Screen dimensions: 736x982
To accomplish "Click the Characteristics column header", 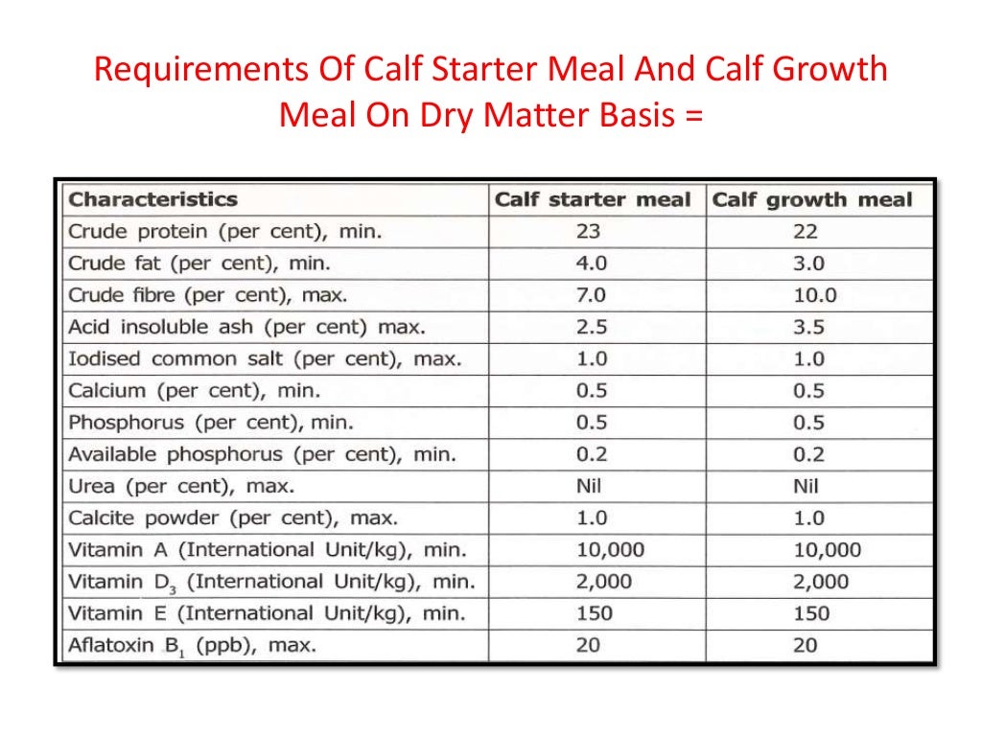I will click(152, 200).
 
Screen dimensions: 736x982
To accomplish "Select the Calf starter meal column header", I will click(592, 200).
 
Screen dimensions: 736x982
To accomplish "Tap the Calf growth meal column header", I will click(812, 200).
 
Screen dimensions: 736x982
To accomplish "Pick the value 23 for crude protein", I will click(591, 232).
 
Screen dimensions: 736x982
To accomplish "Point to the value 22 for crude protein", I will click(806, 232).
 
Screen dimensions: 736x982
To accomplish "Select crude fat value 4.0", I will click(591, 264).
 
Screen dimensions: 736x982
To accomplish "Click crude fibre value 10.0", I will click(814, 295).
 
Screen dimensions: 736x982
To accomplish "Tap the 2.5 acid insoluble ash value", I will click(591, 327).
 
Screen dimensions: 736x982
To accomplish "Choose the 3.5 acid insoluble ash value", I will click(807, 327).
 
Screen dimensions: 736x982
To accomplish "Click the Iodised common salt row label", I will click(265, 359).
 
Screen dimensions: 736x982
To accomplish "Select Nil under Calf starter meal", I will click(590, 486).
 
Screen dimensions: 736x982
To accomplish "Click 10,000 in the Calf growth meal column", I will click(827, 550).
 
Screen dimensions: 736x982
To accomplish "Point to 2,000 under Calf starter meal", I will click(604, 582).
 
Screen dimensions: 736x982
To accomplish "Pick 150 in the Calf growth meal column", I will click(809, 613).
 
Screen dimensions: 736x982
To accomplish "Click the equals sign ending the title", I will click(692, 116).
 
